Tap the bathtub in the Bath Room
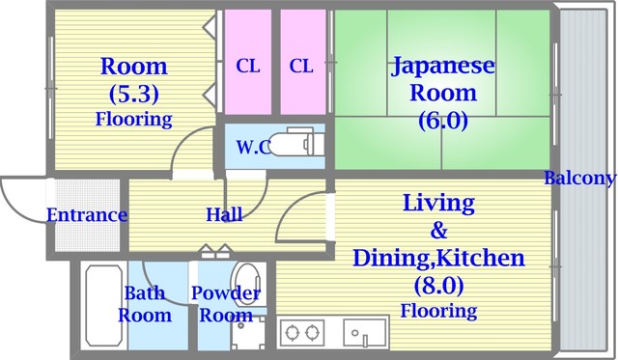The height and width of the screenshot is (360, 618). [x=104, y=306]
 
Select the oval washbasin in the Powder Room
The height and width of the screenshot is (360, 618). [x=247, y=283]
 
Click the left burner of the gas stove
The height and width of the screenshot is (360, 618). [x=293, y=333]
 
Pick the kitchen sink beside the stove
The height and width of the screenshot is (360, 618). [x=365, y=333]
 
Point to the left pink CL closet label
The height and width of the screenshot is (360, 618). [x=248, y=66]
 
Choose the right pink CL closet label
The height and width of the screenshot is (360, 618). [x=301, y=66]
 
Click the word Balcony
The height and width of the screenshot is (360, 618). [x=579, y=178]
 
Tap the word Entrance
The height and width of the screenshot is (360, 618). [x=87, y=215]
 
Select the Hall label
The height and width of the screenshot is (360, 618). [x=225, y=214]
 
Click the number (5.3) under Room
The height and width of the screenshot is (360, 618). [x=134, y=94]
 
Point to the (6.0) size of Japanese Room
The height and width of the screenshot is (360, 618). [x=443, y=120]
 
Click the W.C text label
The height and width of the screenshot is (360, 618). [x=254, y=148]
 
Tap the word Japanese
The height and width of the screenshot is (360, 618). [x=443, y=67]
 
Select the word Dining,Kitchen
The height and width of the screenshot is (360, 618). [x=438, y=259]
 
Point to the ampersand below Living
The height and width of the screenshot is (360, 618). [x=438, y=231]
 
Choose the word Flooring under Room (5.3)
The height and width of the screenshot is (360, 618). [x=134, y=119]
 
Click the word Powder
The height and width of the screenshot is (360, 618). [x=226, y=293]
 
